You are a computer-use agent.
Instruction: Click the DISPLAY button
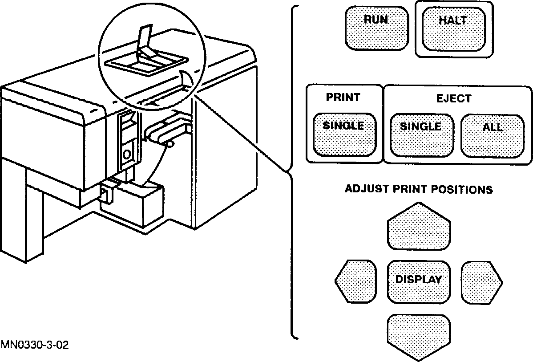(418, 280)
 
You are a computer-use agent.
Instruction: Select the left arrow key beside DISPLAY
(355, 281)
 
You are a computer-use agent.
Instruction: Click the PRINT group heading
(343, 98)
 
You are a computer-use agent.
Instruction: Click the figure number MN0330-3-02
(34, 345)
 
